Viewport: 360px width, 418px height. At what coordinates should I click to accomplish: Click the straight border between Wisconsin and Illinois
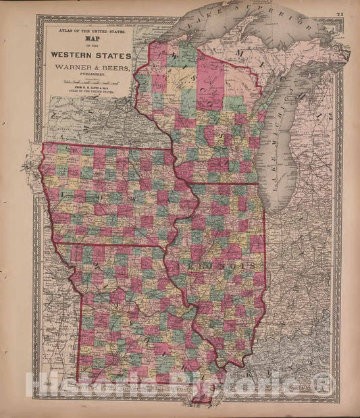pyautogui.click(x=223, y=183)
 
